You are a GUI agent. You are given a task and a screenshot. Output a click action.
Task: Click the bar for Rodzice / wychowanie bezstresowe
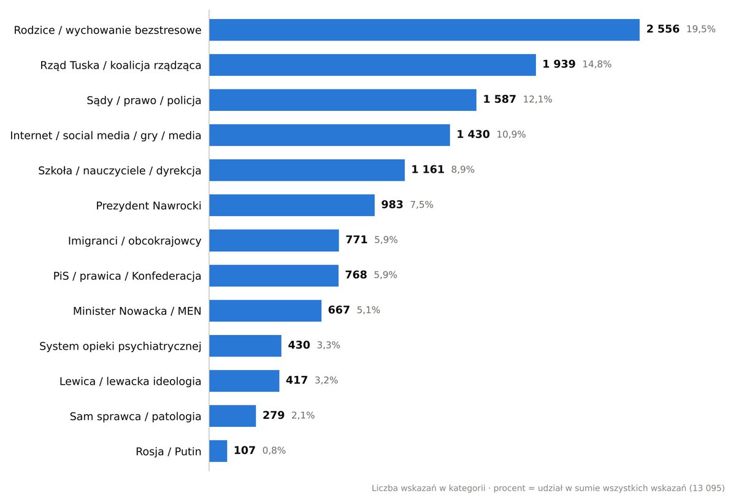pyautogui.click(x=424, y=30)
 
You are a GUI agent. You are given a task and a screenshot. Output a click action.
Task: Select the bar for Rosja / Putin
pyautogui.click(x=218, y=451)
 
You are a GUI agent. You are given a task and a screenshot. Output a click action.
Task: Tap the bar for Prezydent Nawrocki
pyautogui.click(x=292, y=205)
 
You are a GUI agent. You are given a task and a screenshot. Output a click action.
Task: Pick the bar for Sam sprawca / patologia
pyautogui.click(x=232, y=416)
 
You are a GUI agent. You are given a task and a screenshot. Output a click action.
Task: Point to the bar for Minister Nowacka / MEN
pyautogui.click(x=265, y=311)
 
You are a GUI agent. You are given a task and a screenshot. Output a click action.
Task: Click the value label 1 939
pyautogui.click(x=559, y=64)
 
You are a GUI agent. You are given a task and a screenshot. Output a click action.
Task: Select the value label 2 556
pyautogui.click(x=663, y=29)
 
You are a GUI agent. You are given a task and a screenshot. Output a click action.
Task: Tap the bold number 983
pyautogui.click(x=392, y=205)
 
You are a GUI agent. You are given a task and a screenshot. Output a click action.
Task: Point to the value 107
pyautogui.click(x=245, y=450)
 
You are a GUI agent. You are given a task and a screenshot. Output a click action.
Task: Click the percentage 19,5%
pyautogui.click(x=701, y=29)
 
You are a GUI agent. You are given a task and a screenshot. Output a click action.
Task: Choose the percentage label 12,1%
pyautogui.click(x=537, y=99)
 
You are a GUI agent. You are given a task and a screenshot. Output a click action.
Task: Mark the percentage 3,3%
pyautogui.click(x=328, y=345)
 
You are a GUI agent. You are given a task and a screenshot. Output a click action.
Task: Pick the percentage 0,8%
pyautogui.click(x=274, y=451)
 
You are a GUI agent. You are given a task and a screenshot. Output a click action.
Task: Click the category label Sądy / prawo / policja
pyautogui.click(x=144, y=100)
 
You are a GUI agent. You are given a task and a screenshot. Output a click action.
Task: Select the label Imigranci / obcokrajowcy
pyautogui.click(x=135, y=241)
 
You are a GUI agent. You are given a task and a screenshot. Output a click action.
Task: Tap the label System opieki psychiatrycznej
pyautogui.click(x=120, y=346)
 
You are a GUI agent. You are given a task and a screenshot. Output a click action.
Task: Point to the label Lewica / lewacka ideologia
pyautogui.click(x=131, y=381)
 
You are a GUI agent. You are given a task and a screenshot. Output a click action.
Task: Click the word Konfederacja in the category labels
pyautogui.click(x=167, y=276)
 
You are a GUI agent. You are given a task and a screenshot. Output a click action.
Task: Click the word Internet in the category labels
pyautogui.click(x=31, y=135)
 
